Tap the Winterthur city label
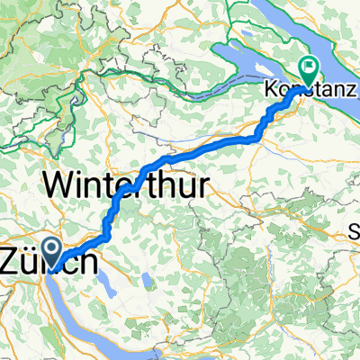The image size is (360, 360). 126,185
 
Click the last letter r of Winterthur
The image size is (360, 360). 203,185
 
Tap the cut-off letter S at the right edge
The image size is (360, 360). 355,232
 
